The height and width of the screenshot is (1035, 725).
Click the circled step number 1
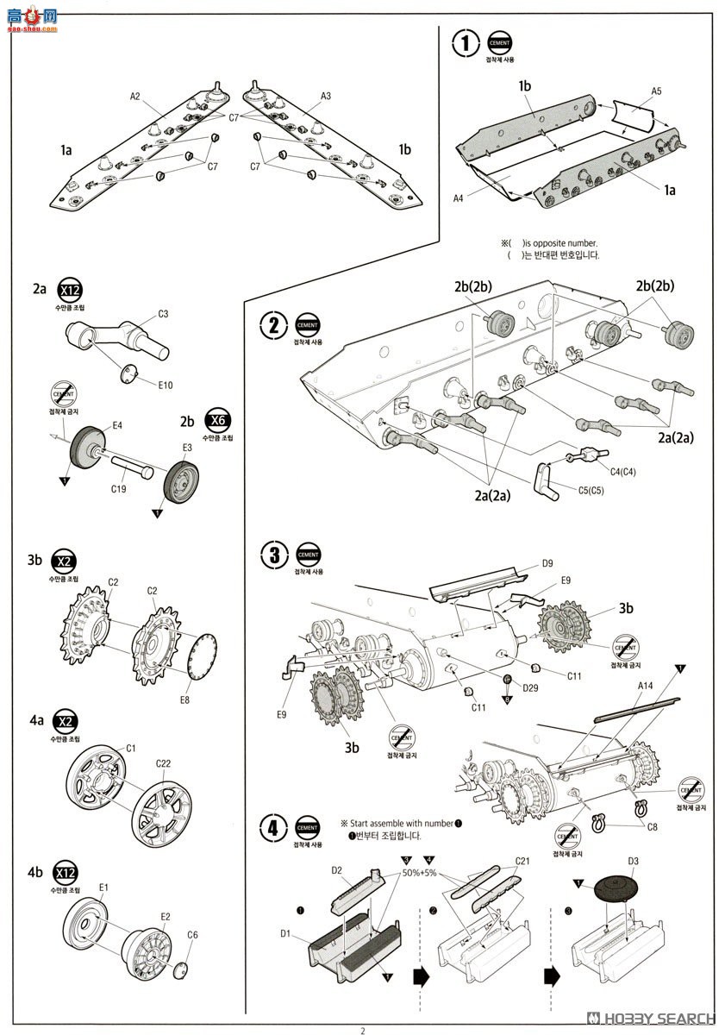point(466,42)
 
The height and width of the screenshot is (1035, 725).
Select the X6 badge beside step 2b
point(217,422)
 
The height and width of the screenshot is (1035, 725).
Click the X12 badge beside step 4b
point(65,869)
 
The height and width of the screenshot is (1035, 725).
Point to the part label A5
point(656,91)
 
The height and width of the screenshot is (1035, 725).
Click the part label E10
point(166,385)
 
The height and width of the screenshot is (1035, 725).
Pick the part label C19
point(119,489)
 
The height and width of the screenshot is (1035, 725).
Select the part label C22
point(163,763)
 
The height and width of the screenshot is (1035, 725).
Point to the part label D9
point(547,564)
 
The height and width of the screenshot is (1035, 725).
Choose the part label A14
point(646,685)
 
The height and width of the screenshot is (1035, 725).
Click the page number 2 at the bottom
point(363,1029)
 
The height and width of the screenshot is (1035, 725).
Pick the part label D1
point(287,932)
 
